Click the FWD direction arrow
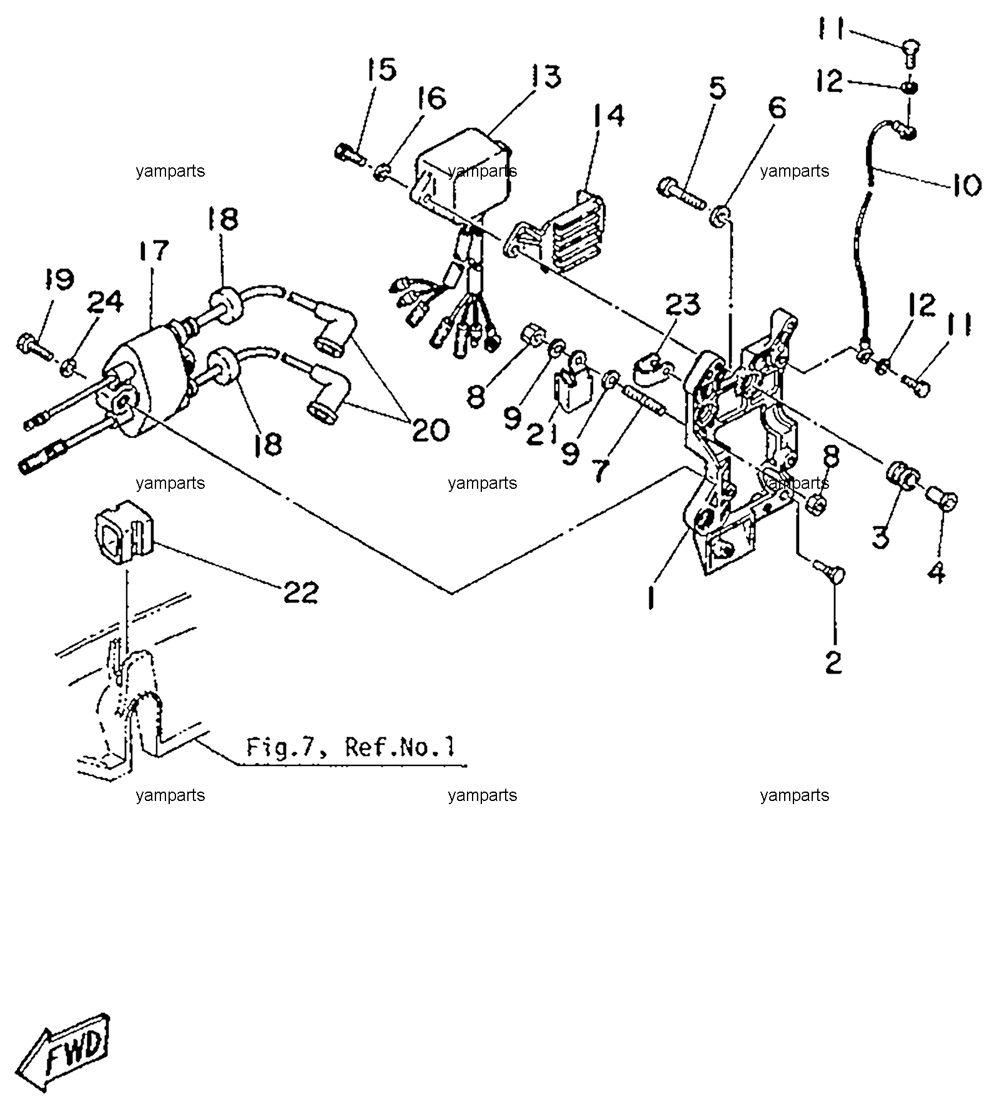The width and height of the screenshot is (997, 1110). point(63,1052)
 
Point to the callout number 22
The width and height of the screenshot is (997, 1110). point(301,592)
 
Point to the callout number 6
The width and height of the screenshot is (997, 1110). point(777,108)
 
